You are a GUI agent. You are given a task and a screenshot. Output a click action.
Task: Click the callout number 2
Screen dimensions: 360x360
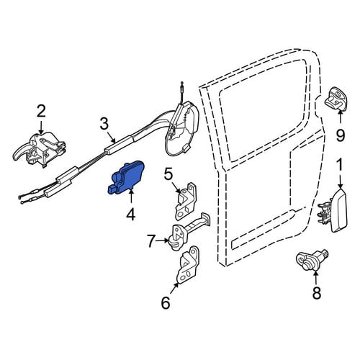(x=41, y=112)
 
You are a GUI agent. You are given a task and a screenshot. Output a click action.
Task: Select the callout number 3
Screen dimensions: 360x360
(x=104, y=125)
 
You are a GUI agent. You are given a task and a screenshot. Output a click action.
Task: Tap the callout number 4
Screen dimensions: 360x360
(x=131, y=214)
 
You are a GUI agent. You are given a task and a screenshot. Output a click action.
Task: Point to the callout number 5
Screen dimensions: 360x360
(x=168, y=174)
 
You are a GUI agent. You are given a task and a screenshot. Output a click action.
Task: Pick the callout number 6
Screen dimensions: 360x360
(x=166, y=302)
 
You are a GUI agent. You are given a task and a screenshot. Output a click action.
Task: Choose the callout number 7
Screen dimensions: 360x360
(x=150, y=241)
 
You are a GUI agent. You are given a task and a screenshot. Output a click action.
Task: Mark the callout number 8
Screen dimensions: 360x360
(x=317, y=293)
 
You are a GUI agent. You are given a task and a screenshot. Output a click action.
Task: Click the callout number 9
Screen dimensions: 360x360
(x=341, y=135)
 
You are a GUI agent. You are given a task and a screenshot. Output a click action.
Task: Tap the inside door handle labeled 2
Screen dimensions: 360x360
(x=38, y=149)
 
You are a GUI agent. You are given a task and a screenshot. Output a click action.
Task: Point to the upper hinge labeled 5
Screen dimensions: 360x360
(x=186, y=202)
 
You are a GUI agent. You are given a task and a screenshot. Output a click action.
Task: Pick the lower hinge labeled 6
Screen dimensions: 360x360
(x=189, y=265)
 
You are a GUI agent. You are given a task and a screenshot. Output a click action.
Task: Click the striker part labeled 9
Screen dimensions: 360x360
(x=336, y=99)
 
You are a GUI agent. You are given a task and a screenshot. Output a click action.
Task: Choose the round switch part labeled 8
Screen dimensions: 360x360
(x=311, y=261)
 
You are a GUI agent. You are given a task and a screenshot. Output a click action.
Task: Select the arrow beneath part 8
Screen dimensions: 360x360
(x=316, y=278)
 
